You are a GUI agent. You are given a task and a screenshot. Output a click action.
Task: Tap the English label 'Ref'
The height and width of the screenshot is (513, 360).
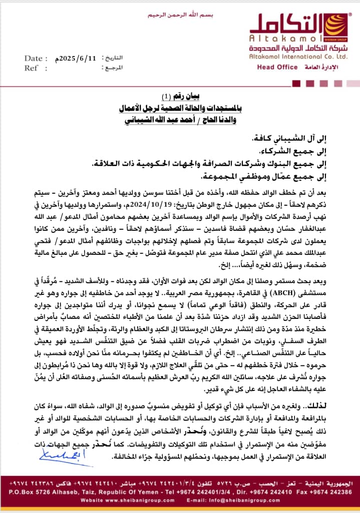(32, 68)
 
